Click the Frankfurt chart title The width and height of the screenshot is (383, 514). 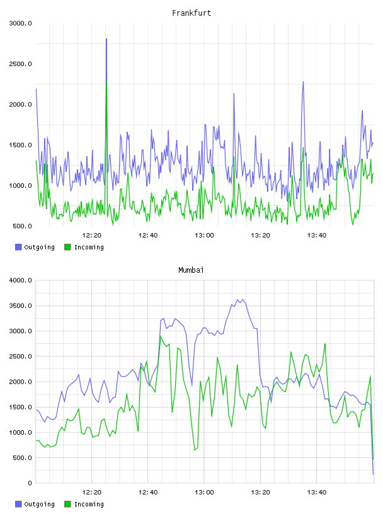pos(191,13)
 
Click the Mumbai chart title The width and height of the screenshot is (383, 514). pos(191,270)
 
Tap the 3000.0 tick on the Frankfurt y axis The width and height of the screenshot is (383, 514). pos(21,23)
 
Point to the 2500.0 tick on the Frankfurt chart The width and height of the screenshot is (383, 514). pos(21,64)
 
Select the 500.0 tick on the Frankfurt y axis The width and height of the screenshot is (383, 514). pos(22,226)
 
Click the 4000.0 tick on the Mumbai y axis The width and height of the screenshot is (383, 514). pos(21,280)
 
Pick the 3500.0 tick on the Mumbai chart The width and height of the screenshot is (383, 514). pos(21,306)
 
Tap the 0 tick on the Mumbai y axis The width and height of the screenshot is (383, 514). pos(30,483)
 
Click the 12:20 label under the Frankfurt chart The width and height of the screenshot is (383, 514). pos(92,236)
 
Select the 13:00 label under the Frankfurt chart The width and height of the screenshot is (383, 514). pos(204,236)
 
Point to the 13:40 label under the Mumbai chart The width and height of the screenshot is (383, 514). pos(317,493)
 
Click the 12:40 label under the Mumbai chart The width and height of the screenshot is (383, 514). pos(148,493)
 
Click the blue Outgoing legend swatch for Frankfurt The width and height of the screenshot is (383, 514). pos(18,247)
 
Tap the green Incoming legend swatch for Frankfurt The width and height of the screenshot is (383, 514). pos(67,247)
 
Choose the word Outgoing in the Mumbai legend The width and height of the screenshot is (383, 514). pos(39,504)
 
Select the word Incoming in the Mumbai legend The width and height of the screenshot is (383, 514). pos(89,504)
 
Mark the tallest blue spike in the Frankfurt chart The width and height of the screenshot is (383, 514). pos(106,38)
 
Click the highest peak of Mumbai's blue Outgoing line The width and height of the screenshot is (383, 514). pos(243,299)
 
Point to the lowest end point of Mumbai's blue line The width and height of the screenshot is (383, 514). pos(373,474)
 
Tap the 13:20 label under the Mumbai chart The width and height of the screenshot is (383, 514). pos(260,493)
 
